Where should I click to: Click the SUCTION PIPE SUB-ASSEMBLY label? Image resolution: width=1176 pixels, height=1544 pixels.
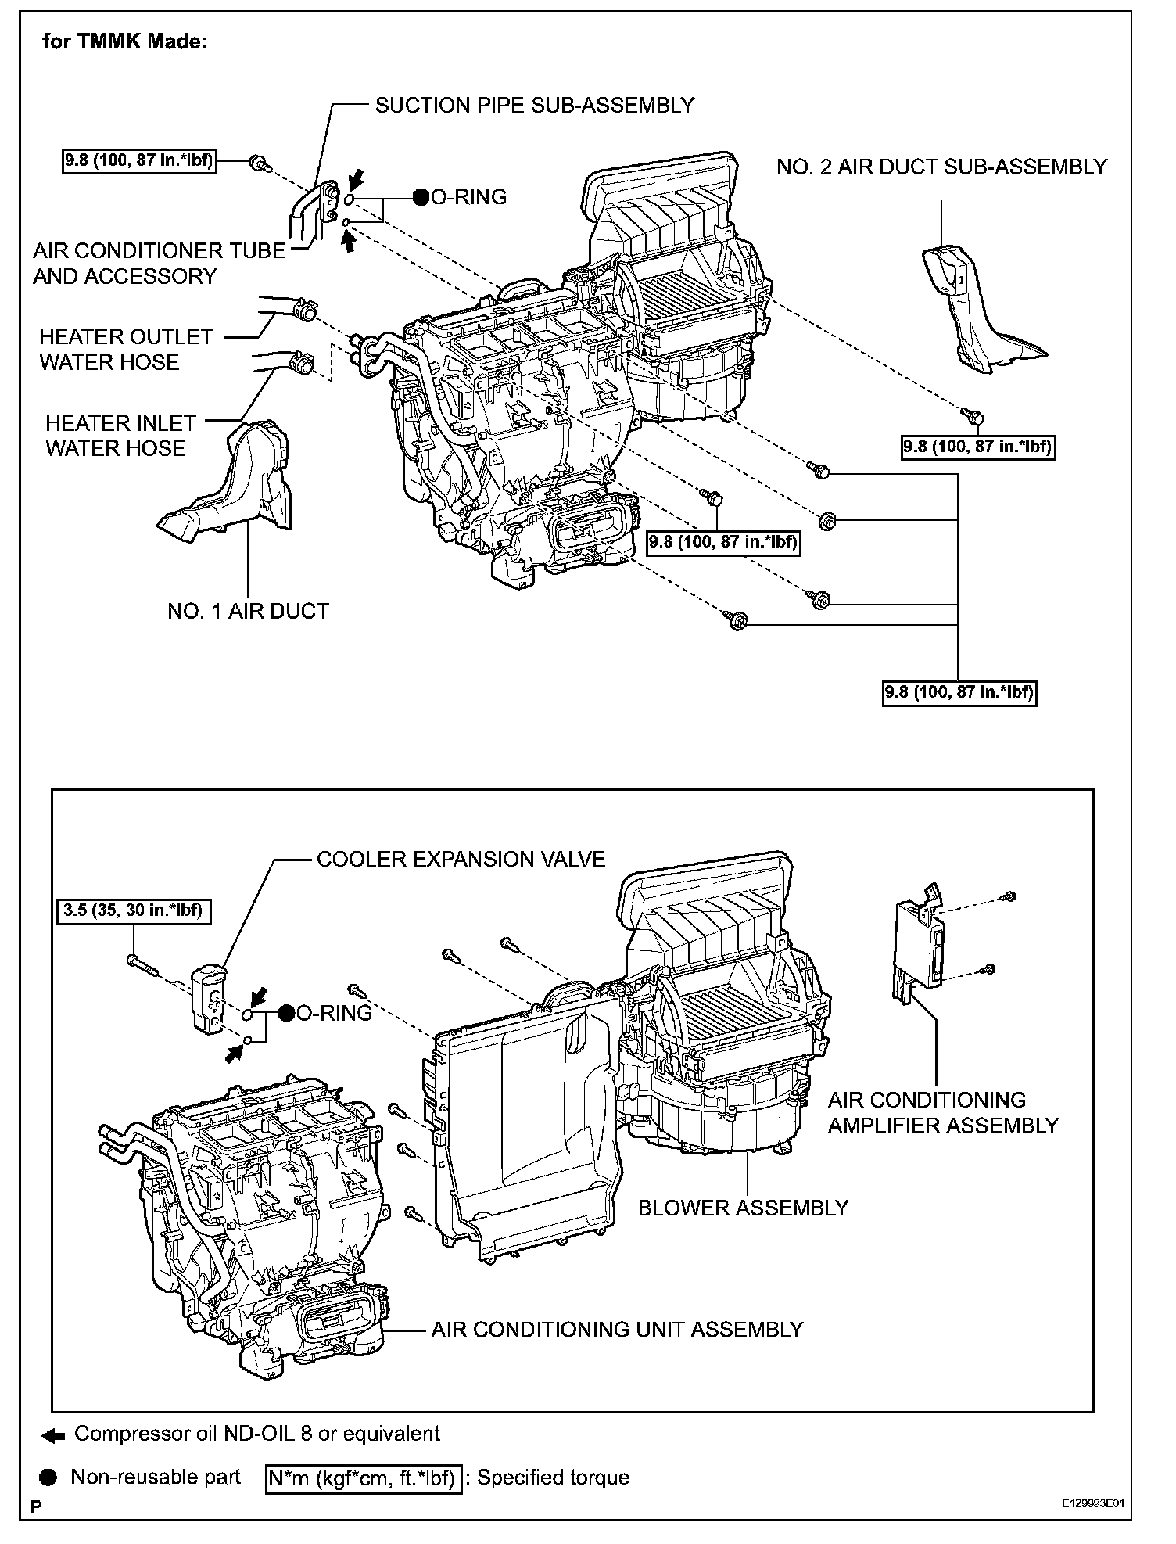tap(535, 105)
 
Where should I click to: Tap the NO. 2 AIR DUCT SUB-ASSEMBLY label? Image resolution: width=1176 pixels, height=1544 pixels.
tap(941, 167)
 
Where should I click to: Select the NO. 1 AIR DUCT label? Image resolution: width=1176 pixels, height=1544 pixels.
tap(248, 611)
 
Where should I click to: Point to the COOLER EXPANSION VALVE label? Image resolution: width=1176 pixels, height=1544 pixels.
tap(461, 859)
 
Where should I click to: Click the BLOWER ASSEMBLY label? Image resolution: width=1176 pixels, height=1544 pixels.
tap(743, 1208)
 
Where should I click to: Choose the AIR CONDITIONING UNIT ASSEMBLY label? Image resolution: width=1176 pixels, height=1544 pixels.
tap(617, 1329)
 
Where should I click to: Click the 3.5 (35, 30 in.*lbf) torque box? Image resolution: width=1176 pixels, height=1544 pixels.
tap(134, 910)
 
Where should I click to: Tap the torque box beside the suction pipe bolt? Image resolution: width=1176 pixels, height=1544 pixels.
tap(139, 162)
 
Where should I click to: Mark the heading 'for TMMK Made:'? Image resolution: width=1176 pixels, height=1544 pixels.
tap(125, 41)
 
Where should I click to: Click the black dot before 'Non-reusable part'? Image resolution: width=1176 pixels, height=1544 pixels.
tap(49, 1478)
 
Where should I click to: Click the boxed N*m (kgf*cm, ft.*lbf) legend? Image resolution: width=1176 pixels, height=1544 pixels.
tap(364, 1478)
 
